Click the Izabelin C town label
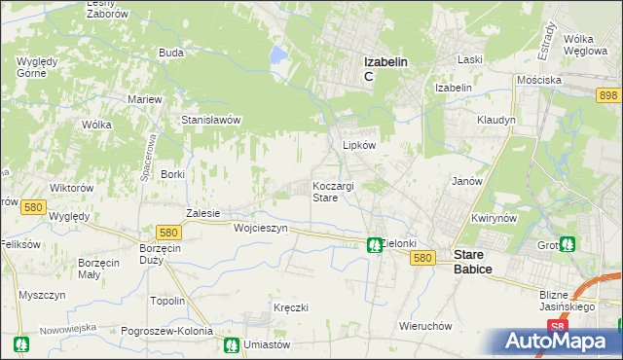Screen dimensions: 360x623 [x=385, y=67]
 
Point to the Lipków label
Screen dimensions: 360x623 [x=359, y=144]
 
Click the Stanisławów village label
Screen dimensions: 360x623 [x=211, y=120]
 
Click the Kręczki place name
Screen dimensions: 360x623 [x=291, y=307]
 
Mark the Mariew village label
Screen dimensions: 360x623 [x=145, y=99]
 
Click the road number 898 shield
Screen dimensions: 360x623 [x=609, y=94]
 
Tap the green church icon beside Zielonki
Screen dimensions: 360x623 [x=373, y=245]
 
